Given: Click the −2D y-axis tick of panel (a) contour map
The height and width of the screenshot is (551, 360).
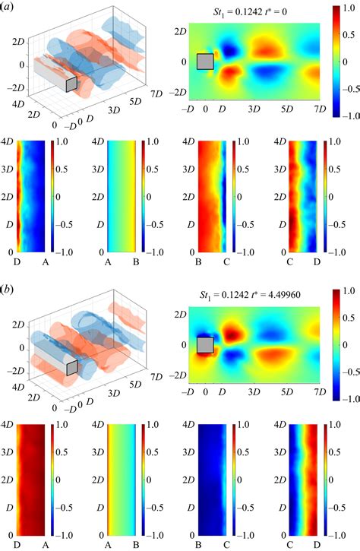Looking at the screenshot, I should click(x=176, y=92).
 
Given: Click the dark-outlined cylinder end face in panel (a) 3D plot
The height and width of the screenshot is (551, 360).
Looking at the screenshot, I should click(x=71, y=85).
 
